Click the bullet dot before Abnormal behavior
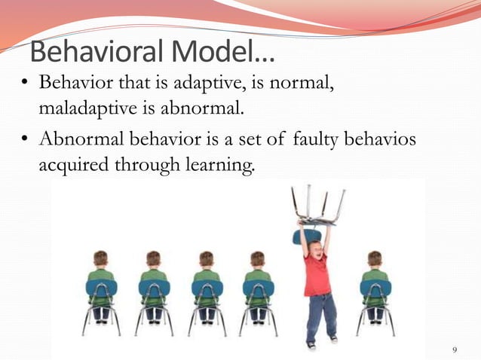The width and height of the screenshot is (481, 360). click(24, 139)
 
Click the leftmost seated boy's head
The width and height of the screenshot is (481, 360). click(100, 259)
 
